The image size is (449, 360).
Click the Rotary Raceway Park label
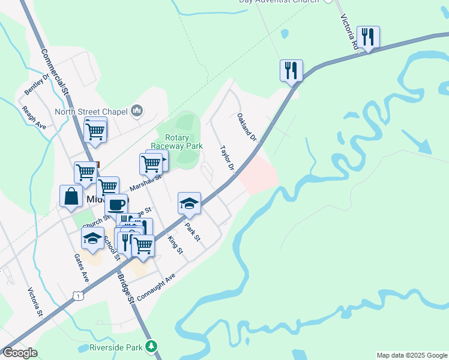[176, 142]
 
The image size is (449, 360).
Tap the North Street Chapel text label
[91, 112]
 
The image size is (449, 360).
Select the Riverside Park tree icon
[152, 347]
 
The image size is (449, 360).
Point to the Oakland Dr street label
[247, 127]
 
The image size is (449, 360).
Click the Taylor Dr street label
[226, 158]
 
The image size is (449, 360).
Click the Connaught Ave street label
[155, 287]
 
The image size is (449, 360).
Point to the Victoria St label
[35, 302]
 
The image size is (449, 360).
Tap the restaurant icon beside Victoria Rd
[367, 37]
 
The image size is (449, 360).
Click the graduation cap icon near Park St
[189, 204]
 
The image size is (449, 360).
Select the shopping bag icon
[71, 196]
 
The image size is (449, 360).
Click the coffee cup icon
[116, 205]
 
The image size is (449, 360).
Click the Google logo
[20, 353]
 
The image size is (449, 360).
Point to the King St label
[175, 244]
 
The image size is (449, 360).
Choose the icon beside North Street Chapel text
[137, 110]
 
